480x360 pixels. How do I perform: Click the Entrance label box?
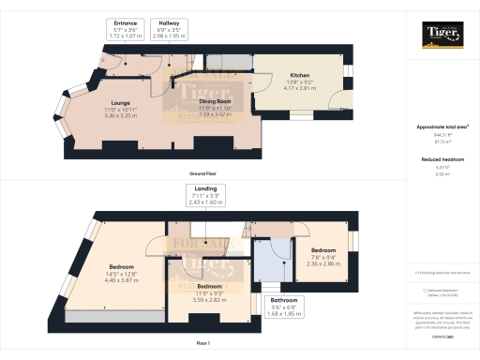pos(125,29)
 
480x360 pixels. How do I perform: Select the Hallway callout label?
pos(170,29)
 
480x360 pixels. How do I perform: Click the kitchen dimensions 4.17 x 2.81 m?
pos(300,88)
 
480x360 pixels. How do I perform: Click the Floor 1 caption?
pos(202,343)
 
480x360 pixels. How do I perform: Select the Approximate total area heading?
pos(442,126)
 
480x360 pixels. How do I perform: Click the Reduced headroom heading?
pos(441,160)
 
